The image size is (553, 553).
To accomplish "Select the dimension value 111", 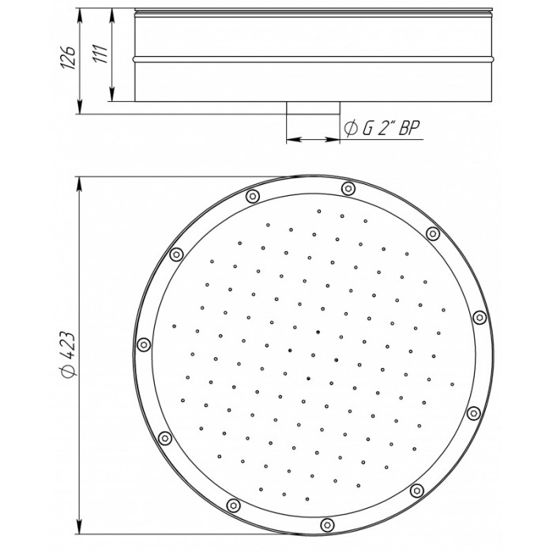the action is [100, 54].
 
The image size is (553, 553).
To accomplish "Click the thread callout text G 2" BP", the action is [392, 128].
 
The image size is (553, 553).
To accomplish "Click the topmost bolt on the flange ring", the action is [348, 188].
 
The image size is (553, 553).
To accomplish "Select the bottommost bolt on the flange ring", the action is [328, 525].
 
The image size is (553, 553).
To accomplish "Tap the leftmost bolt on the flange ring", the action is [144, 344].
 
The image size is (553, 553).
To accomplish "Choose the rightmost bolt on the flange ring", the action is [480, 318].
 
